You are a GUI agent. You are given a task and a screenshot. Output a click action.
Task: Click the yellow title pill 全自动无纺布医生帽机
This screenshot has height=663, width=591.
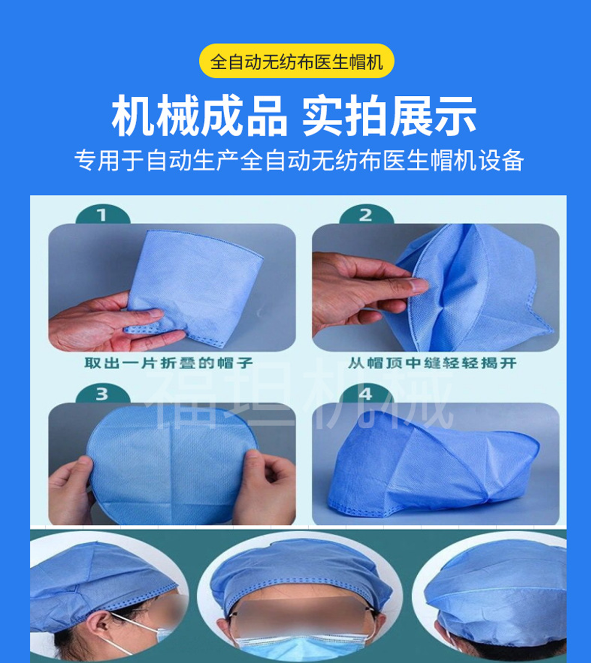(x=297, y=62)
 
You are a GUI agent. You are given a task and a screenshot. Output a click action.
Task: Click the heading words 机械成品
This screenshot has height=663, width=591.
(x=199, y=117)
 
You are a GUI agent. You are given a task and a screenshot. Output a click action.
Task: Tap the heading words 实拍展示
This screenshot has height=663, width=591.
(x=389, y=117)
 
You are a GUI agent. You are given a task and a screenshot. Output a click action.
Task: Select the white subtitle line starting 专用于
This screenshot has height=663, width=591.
(x=299, y=160)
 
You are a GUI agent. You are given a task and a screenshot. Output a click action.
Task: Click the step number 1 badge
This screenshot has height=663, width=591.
(x=102, y=215)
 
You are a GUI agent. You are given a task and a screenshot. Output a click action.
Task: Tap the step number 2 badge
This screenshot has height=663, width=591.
(x=366, y=215)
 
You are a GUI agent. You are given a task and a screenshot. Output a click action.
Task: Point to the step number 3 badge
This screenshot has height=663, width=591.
(x=102, y=394)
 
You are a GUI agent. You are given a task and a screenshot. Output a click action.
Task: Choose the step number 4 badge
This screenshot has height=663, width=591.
(x=366, y=394)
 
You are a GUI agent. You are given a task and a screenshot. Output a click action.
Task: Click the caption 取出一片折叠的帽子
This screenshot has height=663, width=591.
(x=169, y=363)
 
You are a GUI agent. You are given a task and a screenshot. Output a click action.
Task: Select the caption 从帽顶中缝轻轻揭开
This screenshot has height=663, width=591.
(x=433, y=363)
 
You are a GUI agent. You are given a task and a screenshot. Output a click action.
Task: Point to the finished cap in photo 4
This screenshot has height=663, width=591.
(x=433, y=468)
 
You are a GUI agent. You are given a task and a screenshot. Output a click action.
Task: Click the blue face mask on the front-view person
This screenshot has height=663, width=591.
(x=301, y=649)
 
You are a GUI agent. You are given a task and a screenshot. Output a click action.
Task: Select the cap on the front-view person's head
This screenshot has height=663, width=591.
(x=301, y=565)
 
